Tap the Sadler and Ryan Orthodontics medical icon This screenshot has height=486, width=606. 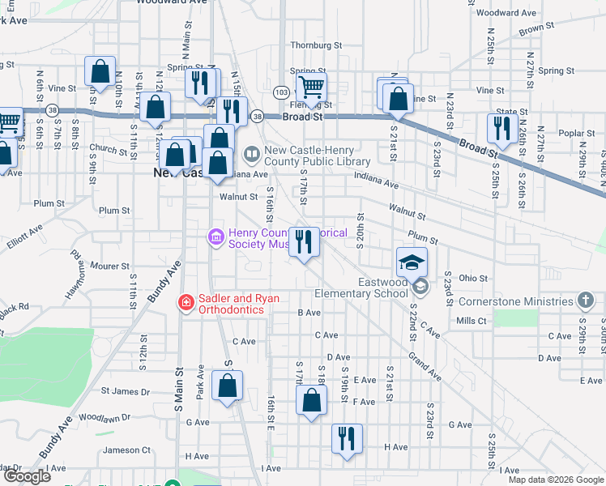(x=186, y=303)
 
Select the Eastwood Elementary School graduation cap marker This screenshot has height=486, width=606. (x=412, y=262)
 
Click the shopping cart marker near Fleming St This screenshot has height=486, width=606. (x=312, y=87)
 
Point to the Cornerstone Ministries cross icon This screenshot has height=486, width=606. (x=586, y=301)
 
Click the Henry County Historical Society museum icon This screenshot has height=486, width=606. (x=216, y=237)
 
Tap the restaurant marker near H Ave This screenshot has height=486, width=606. (x=348, y=440)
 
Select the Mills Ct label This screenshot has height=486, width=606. (x=471, y=321)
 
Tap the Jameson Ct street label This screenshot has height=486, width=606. (x=126, y=450)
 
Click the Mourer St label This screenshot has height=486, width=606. (x=109, y=266)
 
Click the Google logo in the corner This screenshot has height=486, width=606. (x=28, y=476)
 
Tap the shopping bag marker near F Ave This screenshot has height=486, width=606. (x=312, y=400)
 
